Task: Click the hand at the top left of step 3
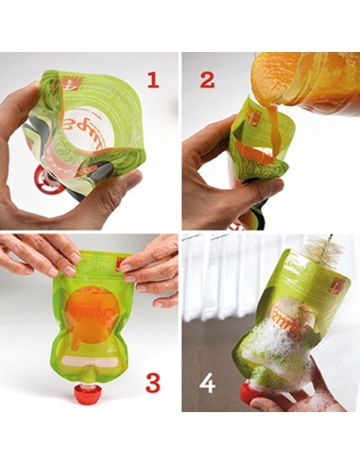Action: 38,254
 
